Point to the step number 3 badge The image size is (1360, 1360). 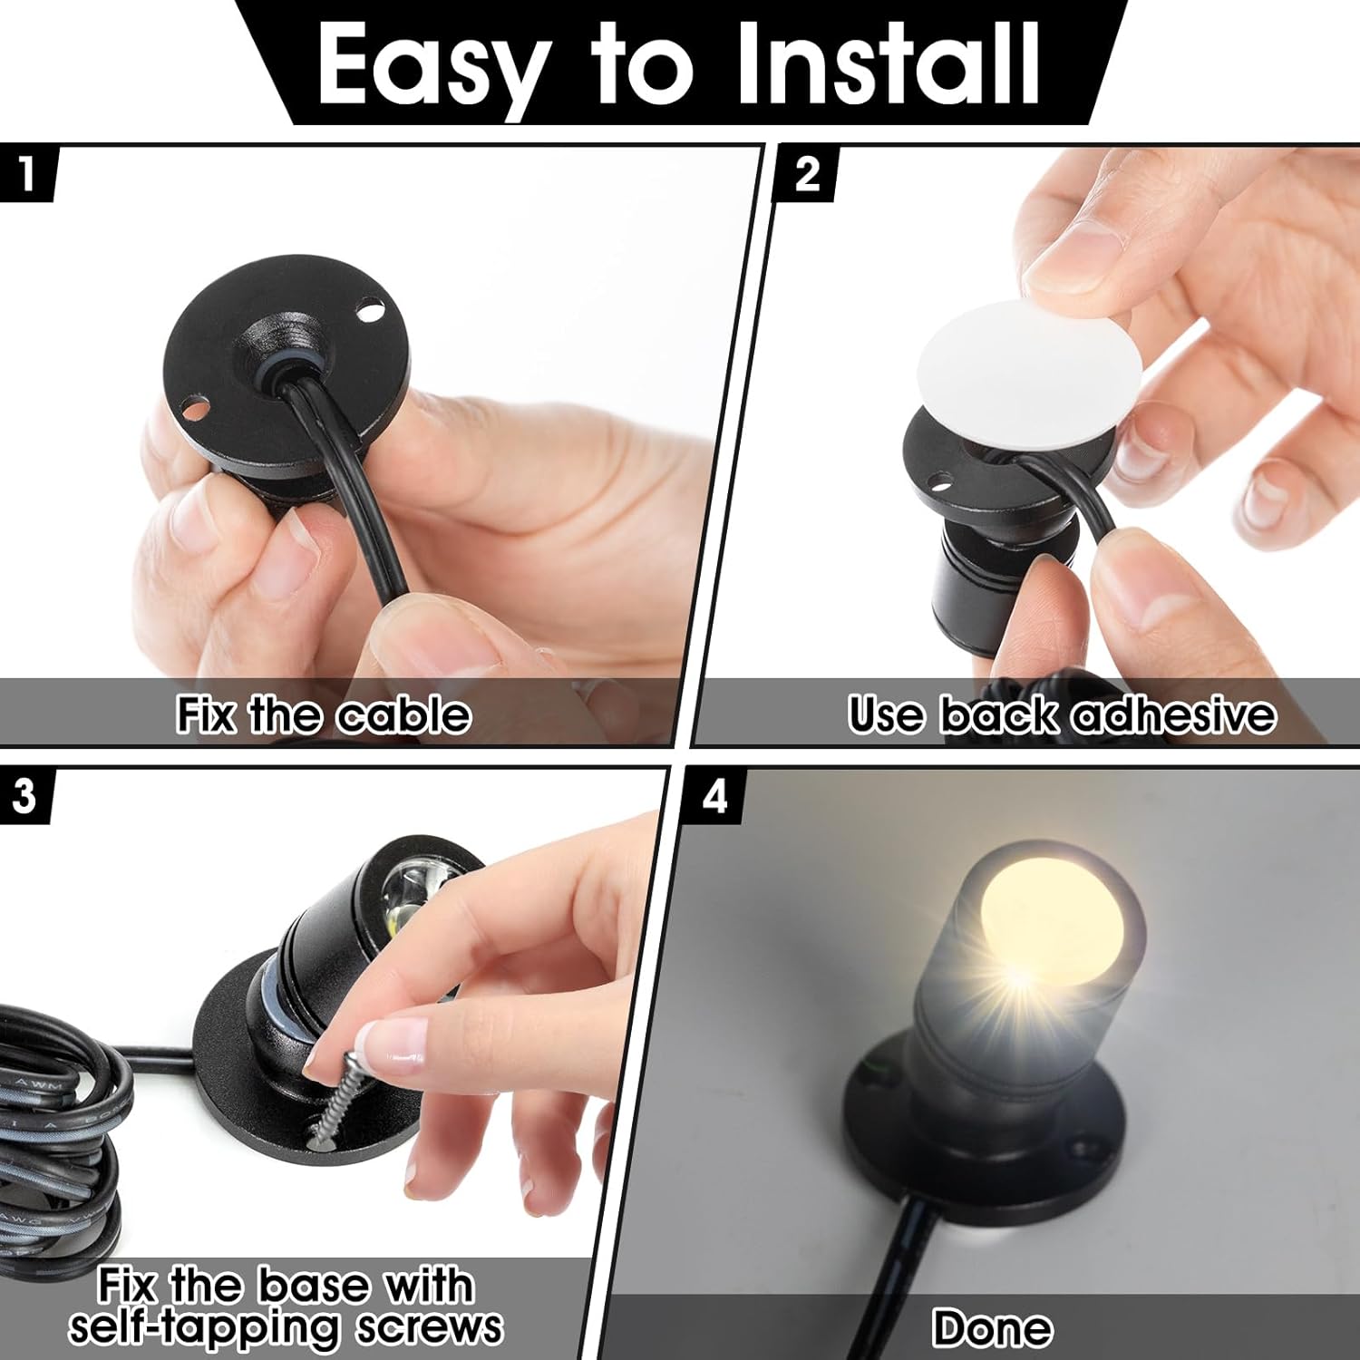pyautogui.click(x=24, y=795)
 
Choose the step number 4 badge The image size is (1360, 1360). pyautogui.click(x=715, y=796)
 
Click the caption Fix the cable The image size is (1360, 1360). pyautogui.click(x=324, y=715)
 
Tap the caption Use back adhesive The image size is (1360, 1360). pyautogui.click(x=1062, y=715)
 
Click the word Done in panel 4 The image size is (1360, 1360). pyautogui.click(x=992, y=1328)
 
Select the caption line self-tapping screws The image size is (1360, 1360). pyautogui.click(x=286, y=1327)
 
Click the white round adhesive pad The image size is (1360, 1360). pyautogui.click(x=1016, y=372)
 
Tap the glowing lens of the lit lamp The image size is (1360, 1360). pyautogui.click(x=1053, y=925)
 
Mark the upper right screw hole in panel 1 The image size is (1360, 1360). pyautogui.click(x=368, y=312)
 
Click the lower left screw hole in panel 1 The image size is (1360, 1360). pyautogui.click(x=191, y=409)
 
